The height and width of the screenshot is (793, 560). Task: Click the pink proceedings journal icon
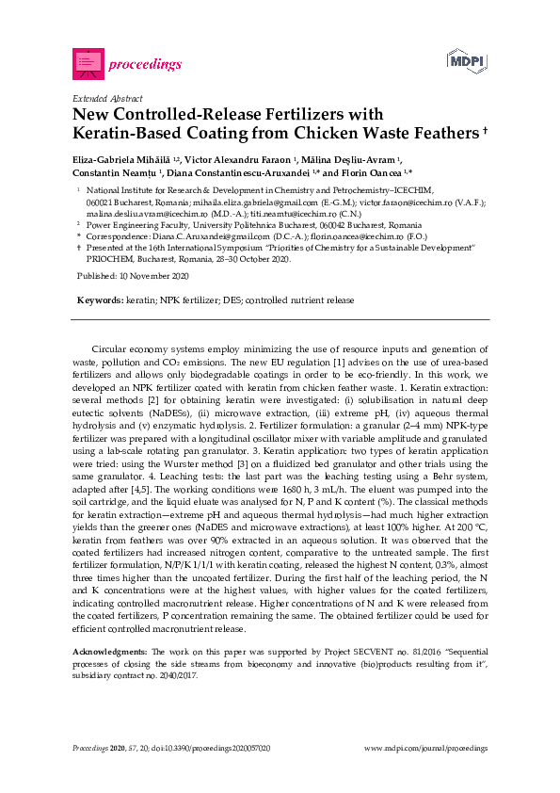[x=88, y=63]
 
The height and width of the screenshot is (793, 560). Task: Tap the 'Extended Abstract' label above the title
[x=108, y=98]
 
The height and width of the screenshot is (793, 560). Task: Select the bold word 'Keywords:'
[x=100, y=299]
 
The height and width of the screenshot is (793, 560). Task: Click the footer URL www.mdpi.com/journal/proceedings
[x=425, y=747]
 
